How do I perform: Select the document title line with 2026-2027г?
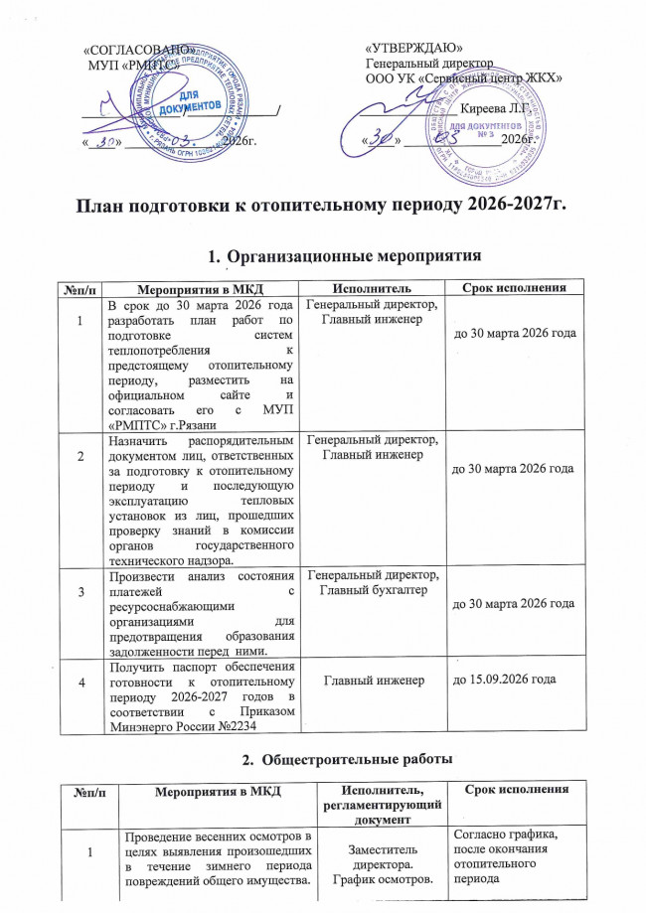(x=323, y=206)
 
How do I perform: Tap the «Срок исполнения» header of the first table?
(x=511, y=288)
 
